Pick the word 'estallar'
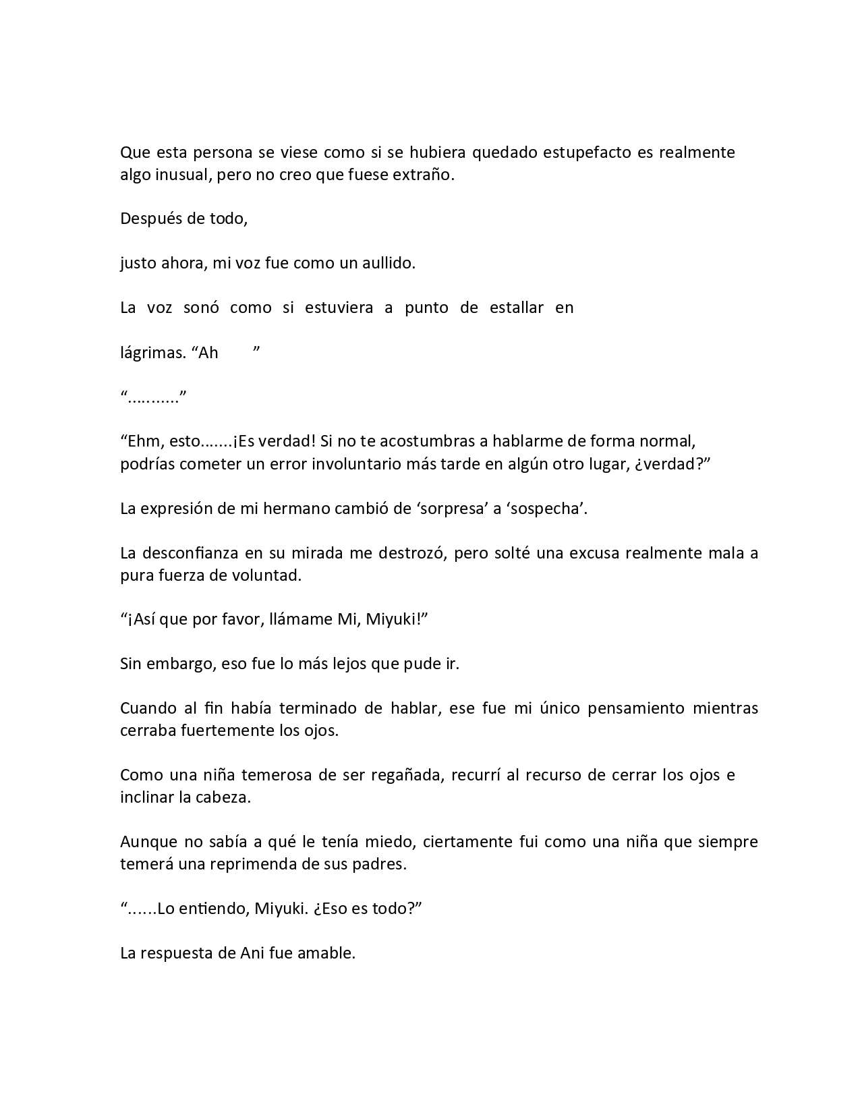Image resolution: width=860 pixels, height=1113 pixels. [x=516, y=308]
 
